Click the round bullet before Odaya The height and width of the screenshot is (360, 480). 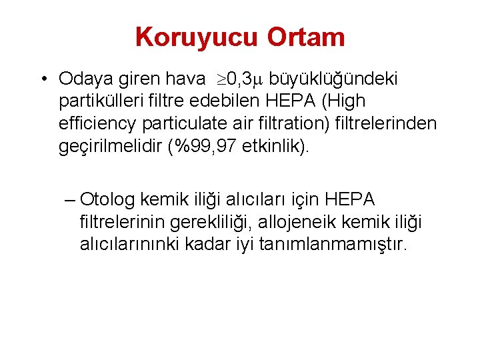pyautogui.click(x=42, y=79)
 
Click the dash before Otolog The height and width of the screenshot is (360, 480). pyautogui.click(x=71, y=199)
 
